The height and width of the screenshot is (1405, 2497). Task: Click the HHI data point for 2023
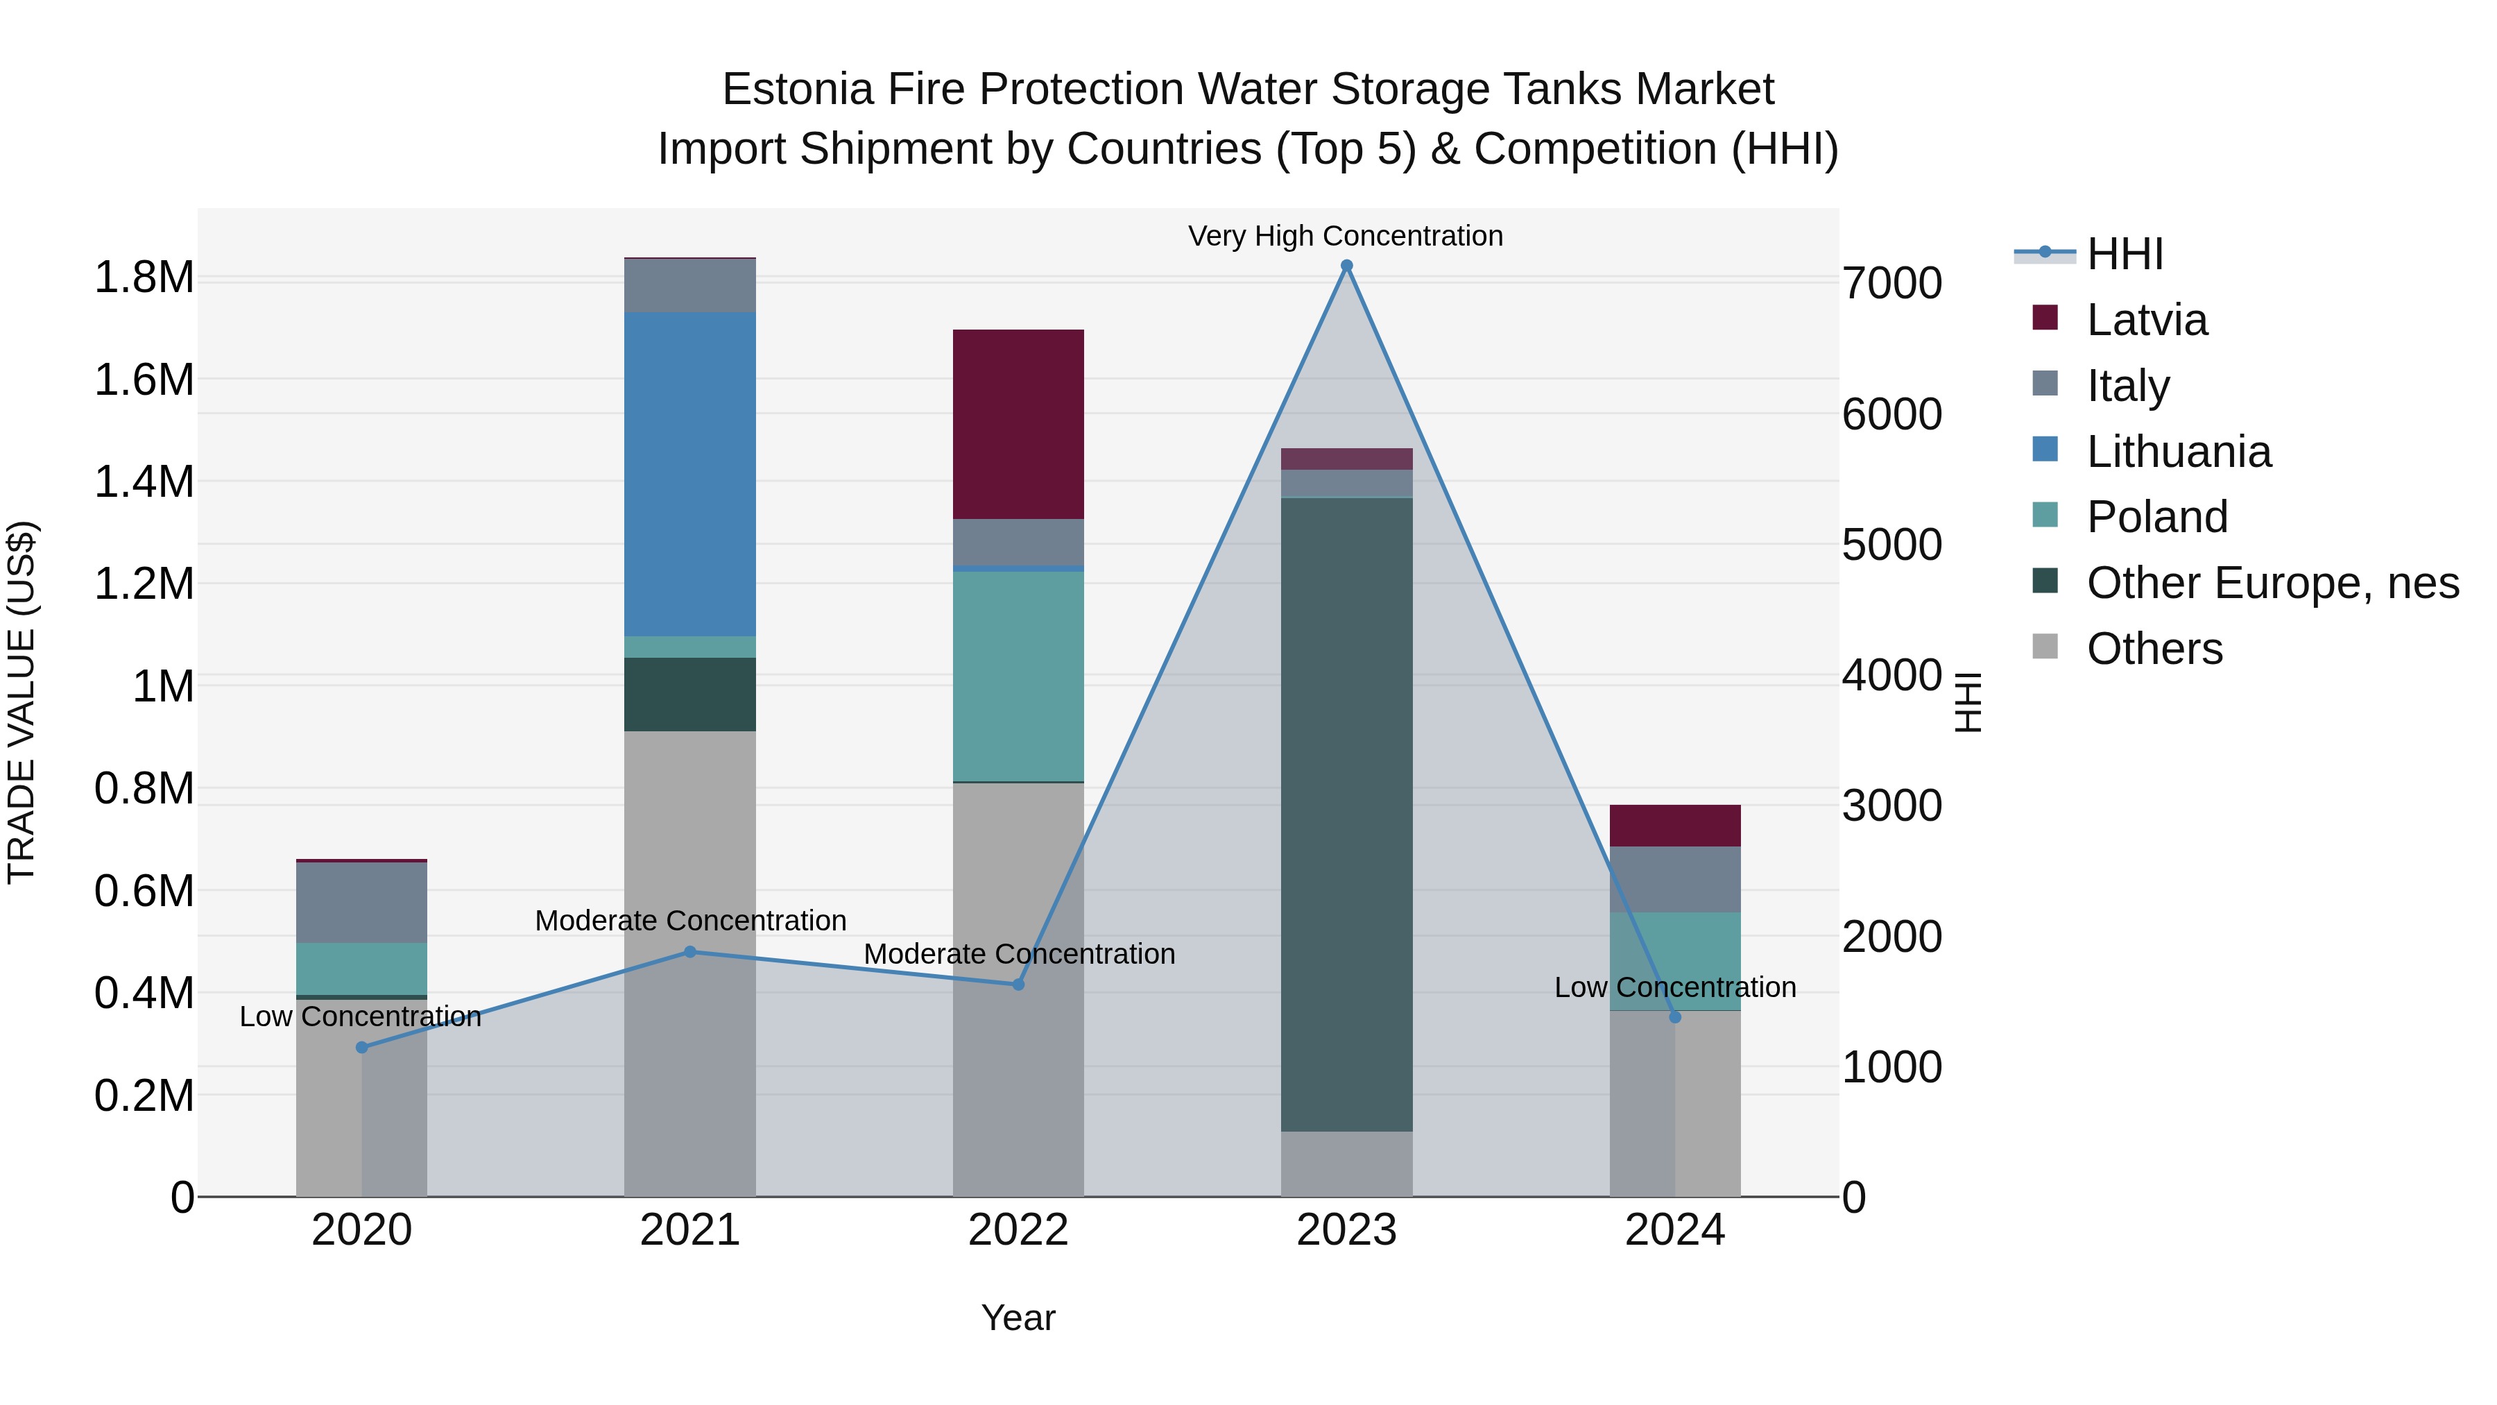coord(1346,266)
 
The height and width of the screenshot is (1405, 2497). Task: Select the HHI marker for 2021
coord(690,952)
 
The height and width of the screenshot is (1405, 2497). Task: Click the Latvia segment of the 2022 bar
coord(1018,424)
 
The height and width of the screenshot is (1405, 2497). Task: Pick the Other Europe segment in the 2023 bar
coord(1346,815)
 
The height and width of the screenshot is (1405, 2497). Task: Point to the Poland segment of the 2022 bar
coord(1018,676)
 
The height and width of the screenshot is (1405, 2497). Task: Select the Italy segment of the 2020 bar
coord(361,902)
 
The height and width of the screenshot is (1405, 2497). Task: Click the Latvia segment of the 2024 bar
coord(1674,825)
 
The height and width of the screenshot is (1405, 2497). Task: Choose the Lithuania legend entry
coord(2177,452)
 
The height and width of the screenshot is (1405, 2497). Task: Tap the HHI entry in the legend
coord(2124,254)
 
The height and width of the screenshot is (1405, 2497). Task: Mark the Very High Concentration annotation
coord(1346,236)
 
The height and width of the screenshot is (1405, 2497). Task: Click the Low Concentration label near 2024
coord(1674,987)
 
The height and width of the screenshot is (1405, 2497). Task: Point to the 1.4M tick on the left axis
coord(144,482)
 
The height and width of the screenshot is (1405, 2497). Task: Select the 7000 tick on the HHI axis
coord(1891,283)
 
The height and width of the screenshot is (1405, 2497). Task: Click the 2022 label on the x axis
coord(1018,1230)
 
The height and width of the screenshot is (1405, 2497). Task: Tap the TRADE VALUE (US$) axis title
coord(22,702)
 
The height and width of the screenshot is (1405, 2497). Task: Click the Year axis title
coord(1018,1318)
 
